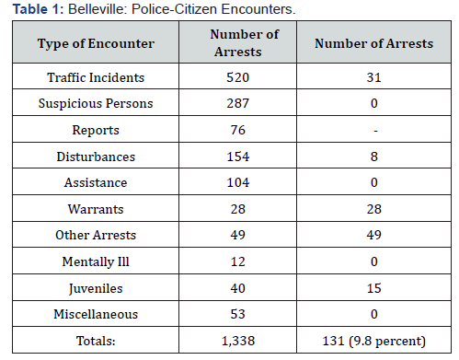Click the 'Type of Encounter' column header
(96, 43)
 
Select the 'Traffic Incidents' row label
(96, 77)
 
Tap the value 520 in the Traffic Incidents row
(238, 77)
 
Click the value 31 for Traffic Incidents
(373, 77)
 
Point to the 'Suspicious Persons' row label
(96, 103)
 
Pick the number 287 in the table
(238, 103)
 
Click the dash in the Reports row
(375, 132)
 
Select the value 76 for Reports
(238, 130)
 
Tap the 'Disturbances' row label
(96, 157)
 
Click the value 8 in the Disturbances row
(374, 157)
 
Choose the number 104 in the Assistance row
(238, 182)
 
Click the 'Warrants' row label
(96, 209)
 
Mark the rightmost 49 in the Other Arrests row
(374, 235)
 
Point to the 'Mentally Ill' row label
(96, 261)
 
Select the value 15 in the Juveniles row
(374, 288)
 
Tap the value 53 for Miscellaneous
(238, 314)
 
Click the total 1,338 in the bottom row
(238, 341)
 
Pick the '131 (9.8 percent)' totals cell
(374, 341)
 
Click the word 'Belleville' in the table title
(97, 9)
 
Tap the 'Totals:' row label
(96, 341)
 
